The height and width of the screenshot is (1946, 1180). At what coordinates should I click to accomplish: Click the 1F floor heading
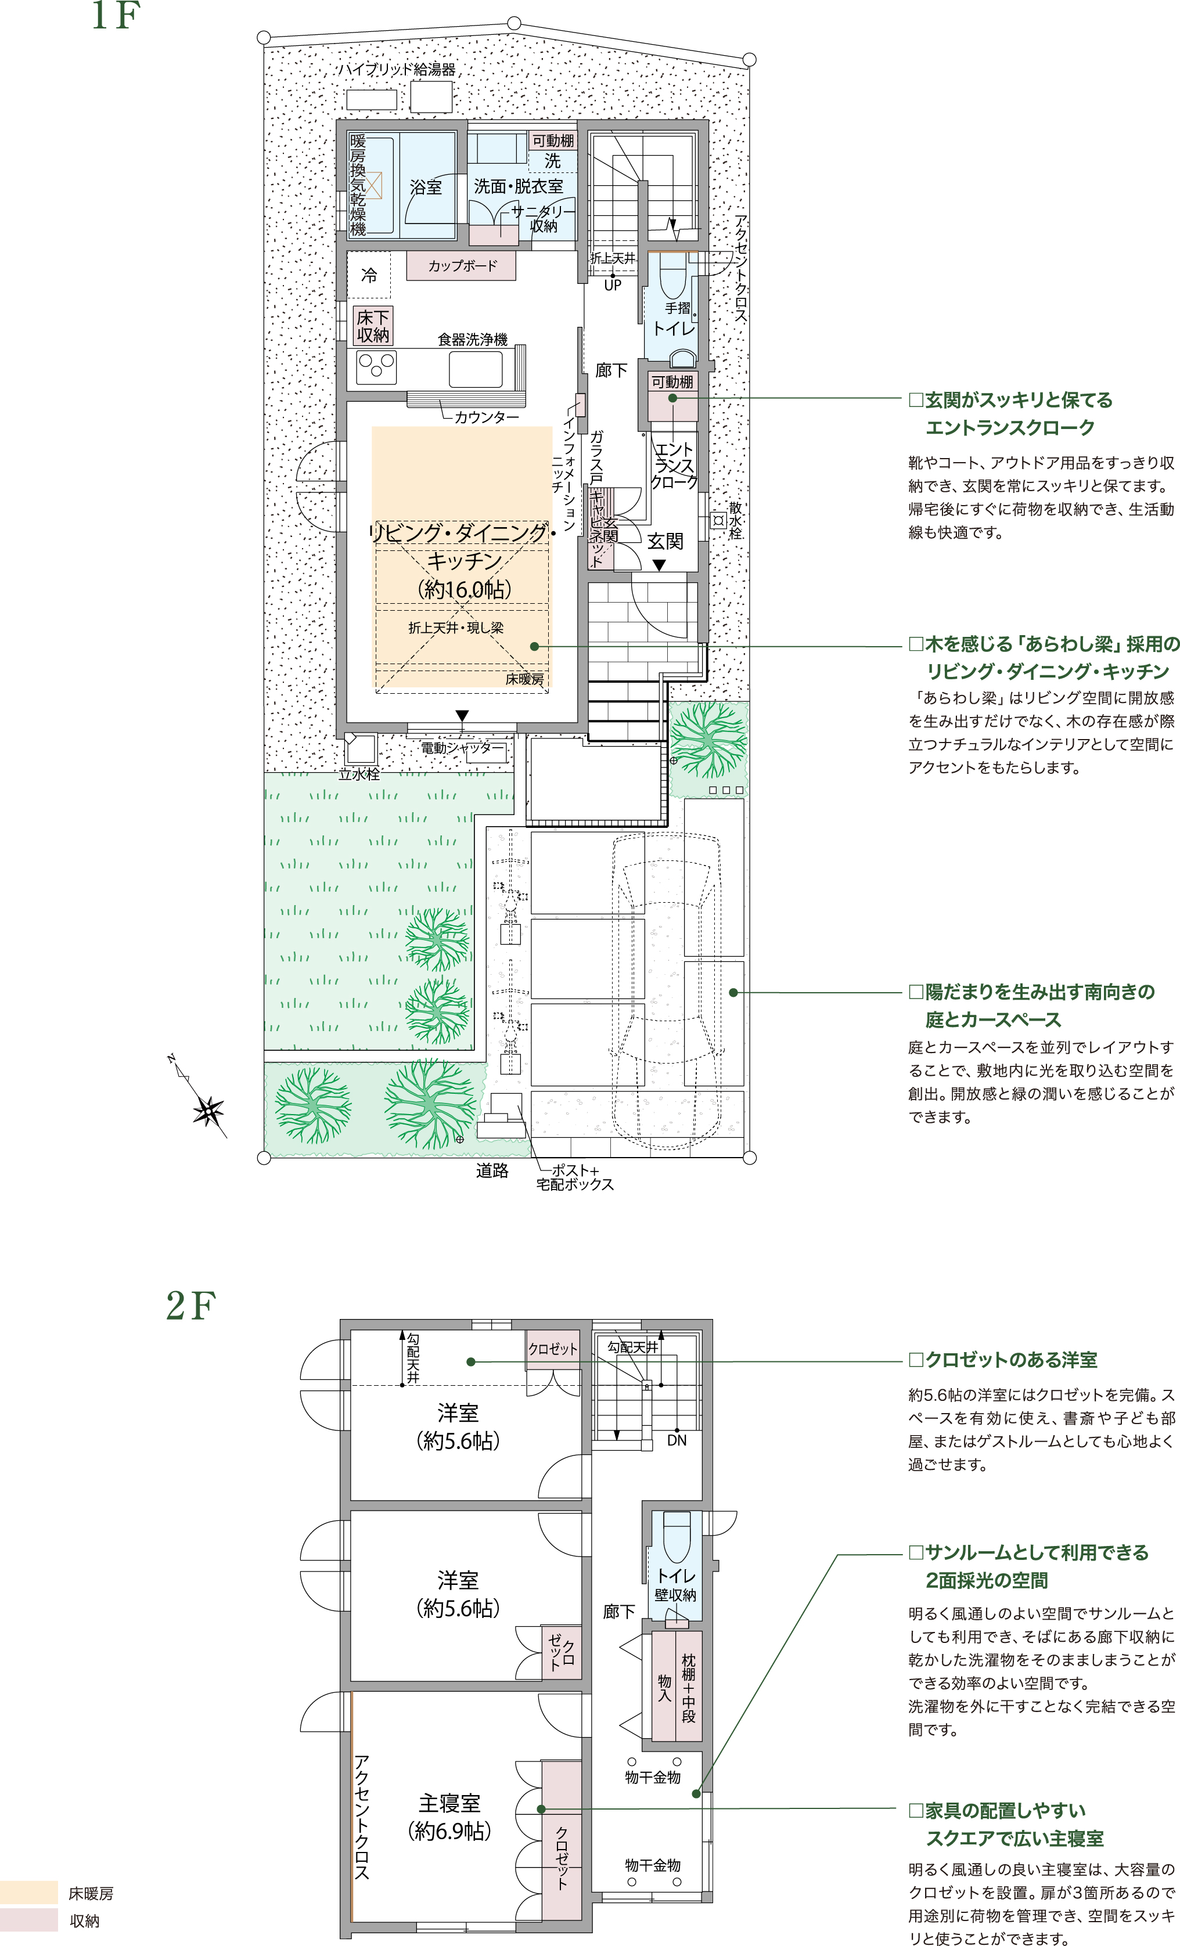tap(116, 16)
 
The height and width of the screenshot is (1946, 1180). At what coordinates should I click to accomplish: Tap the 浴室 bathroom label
tap(426, 187)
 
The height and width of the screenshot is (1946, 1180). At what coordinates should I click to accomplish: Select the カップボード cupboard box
tap(461, 265)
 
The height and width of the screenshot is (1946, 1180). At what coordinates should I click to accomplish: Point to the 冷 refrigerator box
tap(369, 275)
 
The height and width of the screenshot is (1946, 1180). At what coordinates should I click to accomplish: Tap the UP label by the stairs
tap(612, 286)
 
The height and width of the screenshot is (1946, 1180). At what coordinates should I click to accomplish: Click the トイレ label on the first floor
tap(674, 329)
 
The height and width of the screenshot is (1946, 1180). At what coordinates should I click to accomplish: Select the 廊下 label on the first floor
tap(611, 370)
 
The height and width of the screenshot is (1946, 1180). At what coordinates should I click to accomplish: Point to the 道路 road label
tap(492, 1170)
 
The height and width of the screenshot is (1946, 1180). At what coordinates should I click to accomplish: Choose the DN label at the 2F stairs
tap(677, 1440)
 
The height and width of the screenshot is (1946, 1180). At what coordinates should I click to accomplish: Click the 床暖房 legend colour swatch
tap(29, 1893)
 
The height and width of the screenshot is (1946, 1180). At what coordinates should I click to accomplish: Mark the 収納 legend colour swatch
tap(29, 1920)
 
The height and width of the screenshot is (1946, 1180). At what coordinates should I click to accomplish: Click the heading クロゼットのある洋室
tap(1003, 1360)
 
